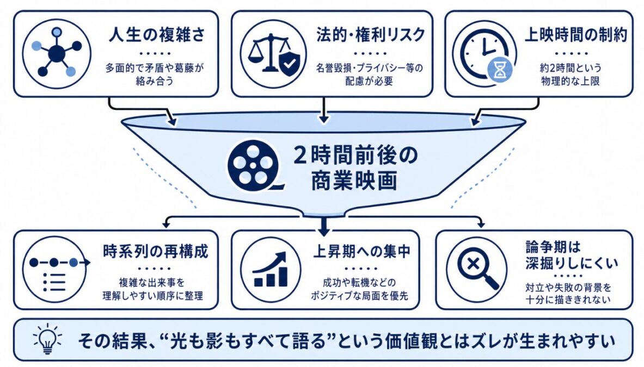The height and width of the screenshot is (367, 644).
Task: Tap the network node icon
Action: pyautogui.click(x=57, y=53)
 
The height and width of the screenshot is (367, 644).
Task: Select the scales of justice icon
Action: pyautogui.click(x=273, y=54)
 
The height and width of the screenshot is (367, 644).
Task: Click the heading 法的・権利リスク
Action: pyautogui.click(x=371, y=35)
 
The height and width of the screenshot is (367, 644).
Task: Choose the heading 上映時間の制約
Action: pyautogui.click(x=576, y=35)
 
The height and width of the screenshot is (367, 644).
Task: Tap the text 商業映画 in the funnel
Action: pyautogui.click(x=354, y=181)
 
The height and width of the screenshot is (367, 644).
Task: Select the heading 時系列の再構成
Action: pyautogui.click(x=156, y=251)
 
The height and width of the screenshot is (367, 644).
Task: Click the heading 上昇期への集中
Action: pyautogui.click(x=362, y=251)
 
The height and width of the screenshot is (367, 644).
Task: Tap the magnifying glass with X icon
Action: pyautogui.click(x=476, y=269)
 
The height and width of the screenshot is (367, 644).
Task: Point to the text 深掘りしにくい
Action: pyautogui.click(x=572, y=263)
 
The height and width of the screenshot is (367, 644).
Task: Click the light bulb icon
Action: pyautogui.click(x=47, y=339)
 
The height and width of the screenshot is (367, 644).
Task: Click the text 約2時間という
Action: pyautogui.click(x=571, y=67)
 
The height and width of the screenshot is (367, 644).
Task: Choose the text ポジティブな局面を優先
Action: pyautogui.click(x=359, y=295)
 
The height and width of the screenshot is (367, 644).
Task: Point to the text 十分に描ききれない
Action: pyautogui.click(x=568, y=300)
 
